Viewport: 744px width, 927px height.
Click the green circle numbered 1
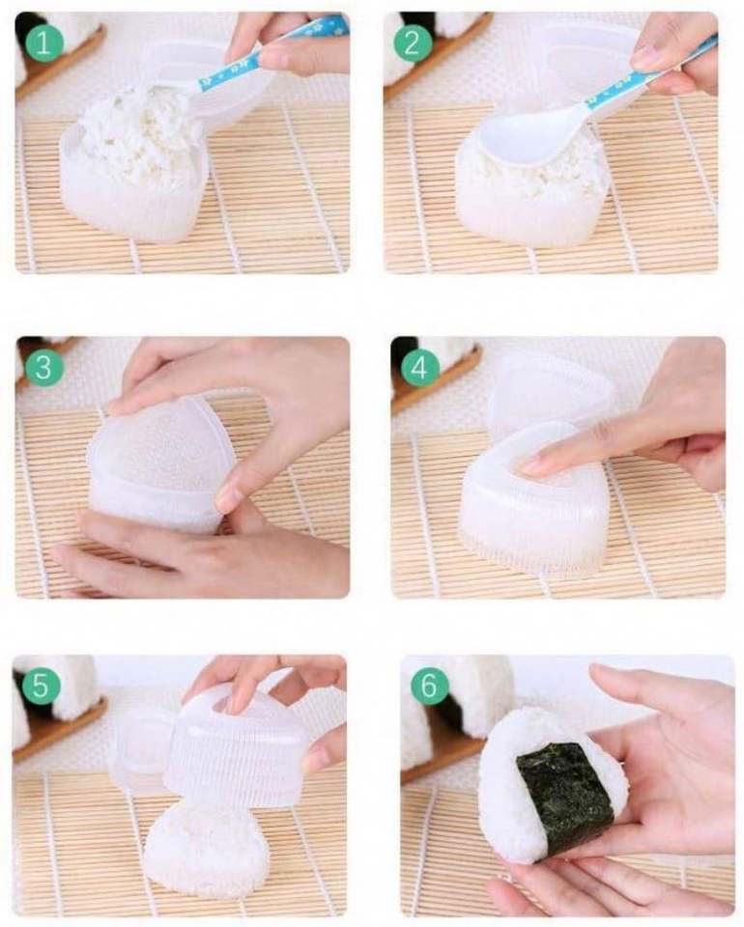coord(43,42)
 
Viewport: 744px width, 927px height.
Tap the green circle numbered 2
coord(413,42)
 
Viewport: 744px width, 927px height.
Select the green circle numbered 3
coord(43,367)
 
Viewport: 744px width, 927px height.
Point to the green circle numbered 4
coord(419,367)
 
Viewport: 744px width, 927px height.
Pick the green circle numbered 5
coord(41,686)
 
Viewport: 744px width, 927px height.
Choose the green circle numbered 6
coord(428,686)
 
